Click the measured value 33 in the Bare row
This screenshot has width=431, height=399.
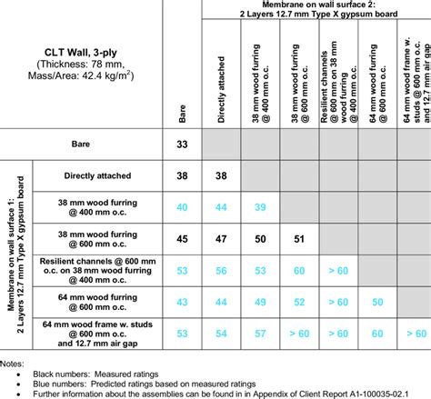(x=183, y=144)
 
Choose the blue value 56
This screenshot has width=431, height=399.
(x=221, y=270)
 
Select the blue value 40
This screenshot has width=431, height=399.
(x=183, y=207)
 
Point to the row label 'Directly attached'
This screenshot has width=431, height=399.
(x=94, y=175)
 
